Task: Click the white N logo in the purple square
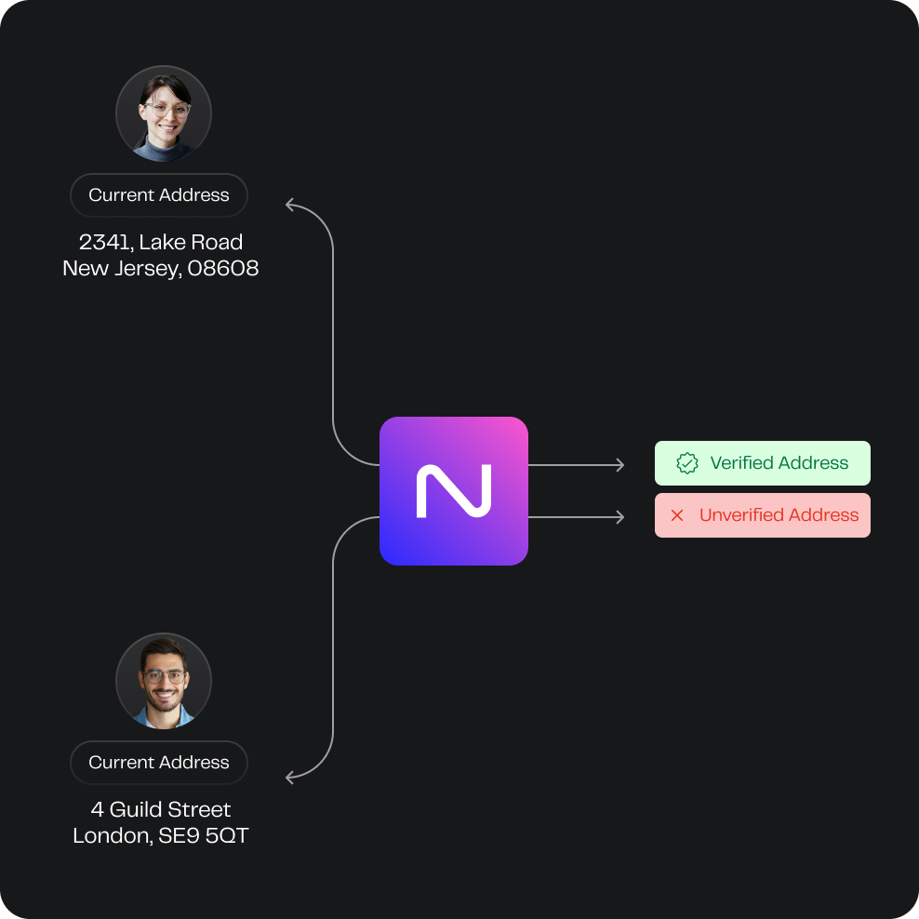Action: click(454, 491)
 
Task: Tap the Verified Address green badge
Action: click(762, 463)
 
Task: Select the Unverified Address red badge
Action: click(762, 515)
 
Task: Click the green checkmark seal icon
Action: click(686, 463)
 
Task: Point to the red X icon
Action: click(677, 515)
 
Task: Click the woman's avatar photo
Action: click(164, 113)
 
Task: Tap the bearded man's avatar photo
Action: click(164, 681)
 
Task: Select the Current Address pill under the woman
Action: click(159, 195)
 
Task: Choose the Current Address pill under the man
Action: click(159, 763)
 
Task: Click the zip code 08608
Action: click(222, 269)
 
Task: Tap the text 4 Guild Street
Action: click(161, 809)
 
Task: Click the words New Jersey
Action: click(121, 269)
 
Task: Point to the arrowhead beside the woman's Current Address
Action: click(289, 205)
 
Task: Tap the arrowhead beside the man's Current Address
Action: click(289, 778)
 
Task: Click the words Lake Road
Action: click(191, 242)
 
